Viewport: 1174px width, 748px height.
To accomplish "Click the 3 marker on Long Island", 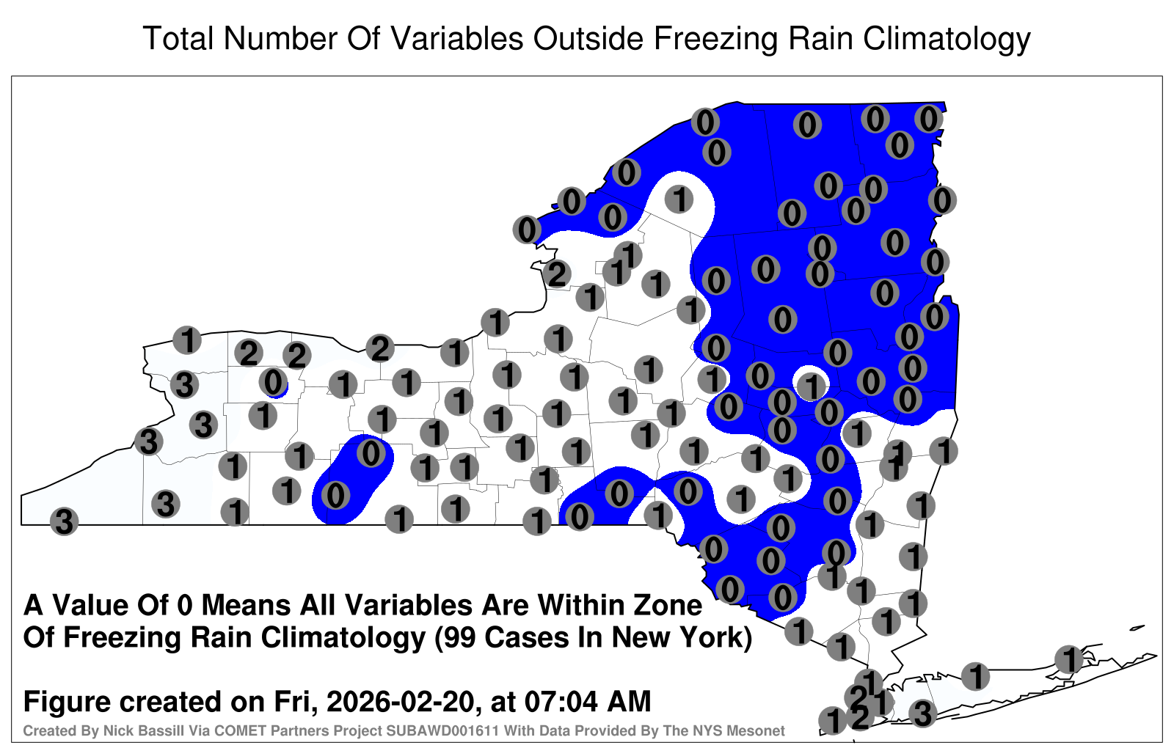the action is (922, 714).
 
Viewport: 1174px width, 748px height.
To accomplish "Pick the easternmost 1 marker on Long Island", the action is (1068, 659).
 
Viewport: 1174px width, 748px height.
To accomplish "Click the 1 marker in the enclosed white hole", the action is (811, 386).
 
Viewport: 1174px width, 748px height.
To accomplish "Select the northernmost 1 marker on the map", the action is (679, 199).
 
